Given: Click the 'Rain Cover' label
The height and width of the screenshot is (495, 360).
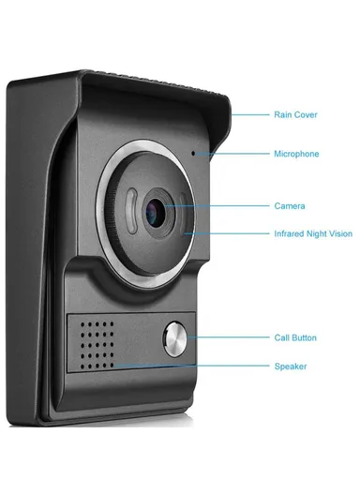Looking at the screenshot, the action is coord(295,114).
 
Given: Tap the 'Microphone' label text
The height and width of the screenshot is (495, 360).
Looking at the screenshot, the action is coord(295,154).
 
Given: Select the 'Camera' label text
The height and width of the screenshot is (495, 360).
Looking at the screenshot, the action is coord(289,205).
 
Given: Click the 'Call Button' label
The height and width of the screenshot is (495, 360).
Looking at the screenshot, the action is coord(295,337).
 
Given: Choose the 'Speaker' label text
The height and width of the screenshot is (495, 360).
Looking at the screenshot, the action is coord(290,367).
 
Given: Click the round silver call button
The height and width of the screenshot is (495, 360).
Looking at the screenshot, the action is coord(174,337).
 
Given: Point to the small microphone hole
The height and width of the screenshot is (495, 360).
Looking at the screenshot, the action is coord(194,153).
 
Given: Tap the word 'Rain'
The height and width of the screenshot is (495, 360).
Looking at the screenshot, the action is coord(281,114).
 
